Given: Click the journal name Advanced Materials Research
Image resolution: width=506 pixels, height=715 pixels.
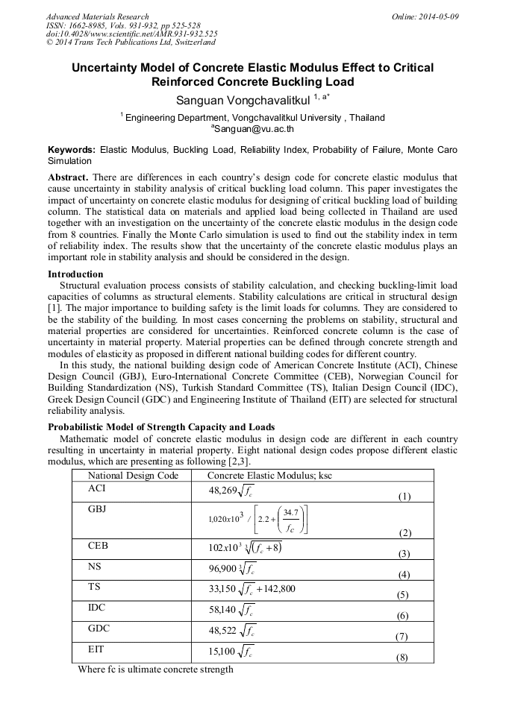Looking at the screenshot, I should click(x=97, y=16).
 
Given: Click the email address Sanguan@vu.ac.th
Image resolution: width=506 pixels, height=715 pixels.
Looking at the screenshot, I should click(x=252, y=128).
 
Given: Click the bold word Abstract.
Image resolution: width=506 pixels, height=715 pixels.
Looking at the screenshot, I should click(x=67, y=178).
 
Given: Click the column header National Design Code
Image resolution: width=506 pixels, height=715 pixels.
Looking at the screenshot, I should click(x=133, y=476).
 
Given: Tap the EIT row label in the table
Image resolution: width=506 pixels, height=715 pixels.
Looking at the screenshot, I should click(x=96, y=649).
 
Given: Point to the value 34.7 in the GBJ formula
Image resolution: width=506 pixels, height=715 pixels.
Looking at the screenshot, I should click(x=291, y=512).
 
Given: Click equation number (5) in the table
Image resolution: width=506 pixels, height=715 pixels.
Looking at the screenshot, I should click(x=402, y=595).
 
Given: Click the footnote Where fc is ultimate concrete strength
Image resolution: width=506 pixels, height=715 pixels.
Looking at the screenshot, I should click(x=155, y=670).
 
